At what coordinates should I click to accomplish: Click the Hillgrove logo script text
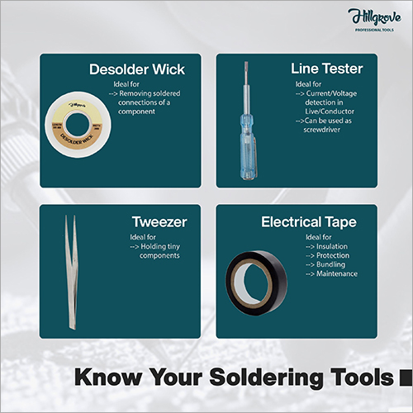point(374,17)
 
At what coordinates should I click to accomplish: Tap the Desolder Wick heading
point(137,69)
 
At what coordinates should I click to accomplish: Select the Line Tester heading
point(327,69)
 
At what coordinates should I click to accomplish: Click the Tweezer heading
point(159,222)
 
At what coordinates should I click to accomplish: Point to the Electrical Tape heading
point(309,222)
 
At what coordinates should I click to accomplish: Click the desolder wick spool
point(78,125)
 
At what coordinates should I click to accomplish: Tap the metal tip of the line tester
point(246,73)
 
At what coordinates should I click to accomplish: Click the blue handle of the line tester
point(248,146)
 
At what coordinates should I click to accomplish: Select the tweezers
point(71,273)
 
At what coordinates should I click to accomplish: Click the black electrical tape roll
point(256,283)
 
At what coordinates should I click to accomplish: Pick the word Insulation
point(332,246)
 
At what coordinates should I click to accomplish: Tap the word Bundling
point(330,264)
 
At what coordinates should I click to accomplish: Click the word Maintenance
point(337,273)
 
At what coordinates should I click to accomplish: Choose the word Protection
point(333,255)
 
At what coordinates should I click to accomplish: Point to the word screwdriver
point(322,130)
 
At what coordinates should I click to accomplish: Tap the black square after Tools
point(406,377)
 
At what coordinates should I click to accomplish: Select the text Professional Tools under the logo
point(374,30)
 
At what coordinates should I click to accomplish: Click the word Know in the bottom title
point(108,377)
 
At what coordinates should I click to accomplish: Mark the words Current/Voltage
point(331,93)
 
